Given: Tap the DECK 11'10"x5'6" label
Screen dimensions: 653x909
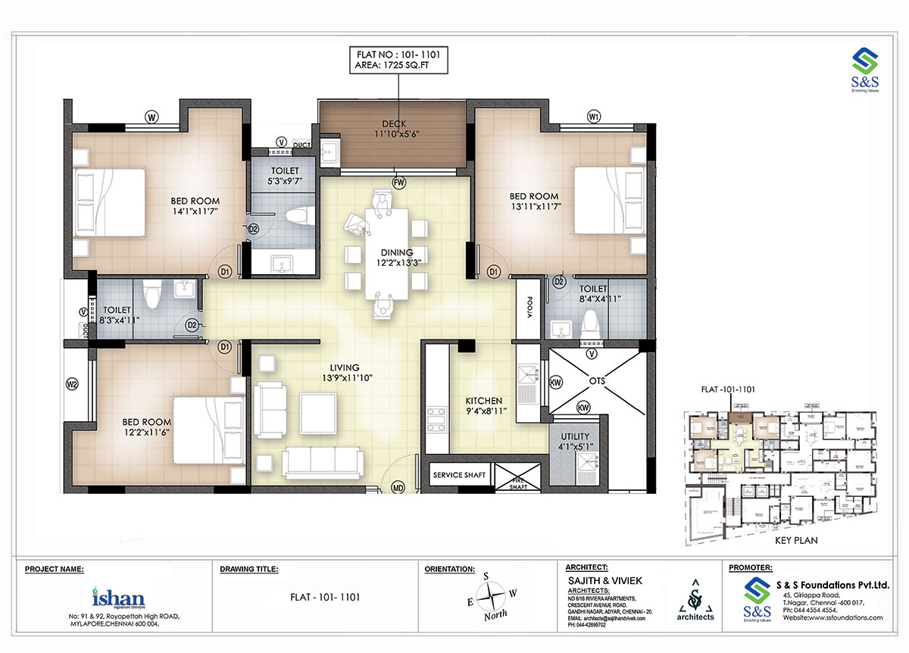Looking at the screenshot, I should (x=395, y=129).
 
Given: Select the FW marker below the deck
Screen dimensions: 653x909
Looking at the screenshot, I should (x=398, y=182).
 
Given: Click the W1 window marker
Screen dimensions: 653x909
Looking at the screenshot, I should (x=594, y=117).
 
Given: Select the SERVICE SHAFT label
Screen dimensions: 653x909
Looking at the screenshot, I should (x=459, y=476).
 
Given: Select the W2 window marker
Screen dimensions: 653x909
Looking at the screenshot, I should (x=73, y=385).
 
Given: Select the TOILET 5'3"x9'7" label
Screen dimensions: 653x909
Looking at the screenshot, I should (x=284, y=176).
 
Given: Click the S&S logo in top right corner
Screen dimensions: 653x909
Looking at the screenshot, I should (x=864, y=69).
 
